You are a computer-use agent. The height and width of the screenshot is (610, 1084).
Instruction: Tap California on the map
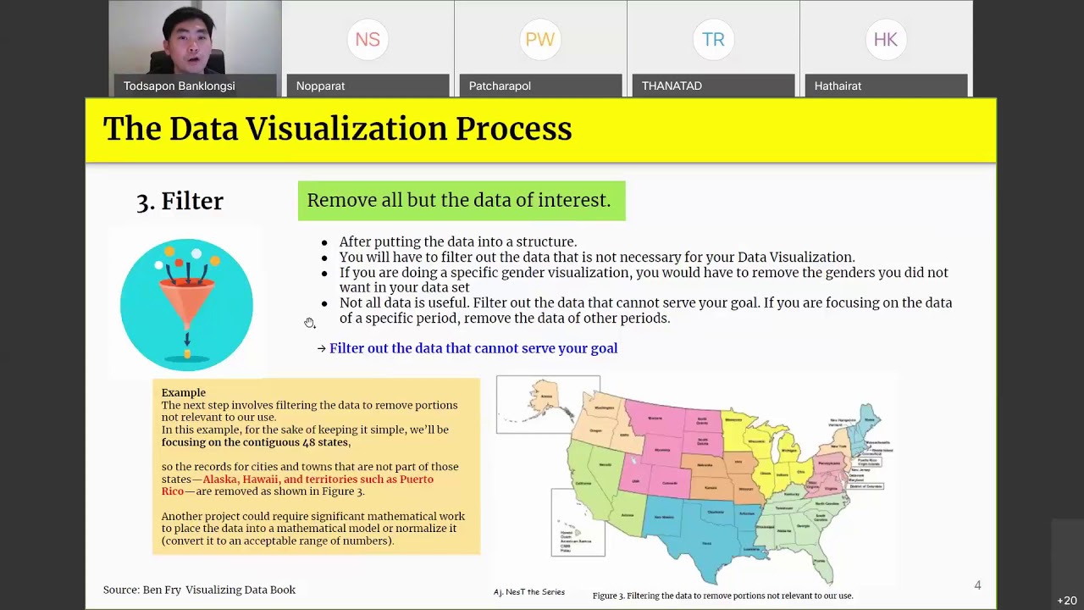pyautogui.click(x=584, y=483)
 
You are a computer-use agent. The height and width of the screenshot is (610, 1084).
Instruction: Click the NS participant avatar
pyautogui.click(x=368, y=40)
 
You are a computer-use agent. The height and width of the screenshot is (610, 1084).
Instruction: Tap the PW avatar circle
pyautogui.click(x=540, y=40)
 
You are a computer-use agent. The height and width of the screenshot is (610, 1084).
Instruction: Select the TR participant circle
pyautogui.click(x=713, y=40)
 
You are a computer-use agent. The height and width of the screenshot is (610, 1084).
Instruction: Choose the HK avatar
pyautogui.click(x=886, y=40)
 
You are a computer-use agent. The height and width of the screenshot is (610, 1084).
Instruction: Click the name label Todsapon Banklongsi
pyautogui.click(x=180, y=86)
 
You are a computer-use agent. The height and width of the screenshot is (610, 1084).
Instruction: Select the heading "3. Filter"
pyautogui.click(x=180, y=201)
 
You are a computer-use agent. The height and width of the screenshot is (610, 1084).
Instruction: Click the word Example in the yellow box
pyautogui.click(x=184, y=393)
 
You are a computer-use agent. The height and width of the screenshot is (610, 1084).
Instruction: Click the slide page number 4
pyautogui.click(x=977, y=585)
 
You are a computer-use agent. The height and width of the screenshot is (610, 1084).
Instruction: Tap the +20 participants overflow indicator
pyautogui.click(x=1066, y=601)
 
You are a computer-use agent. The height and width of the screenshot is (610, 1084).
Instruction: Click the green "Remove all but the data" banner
pyautogui.click(x=461, y=201)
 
